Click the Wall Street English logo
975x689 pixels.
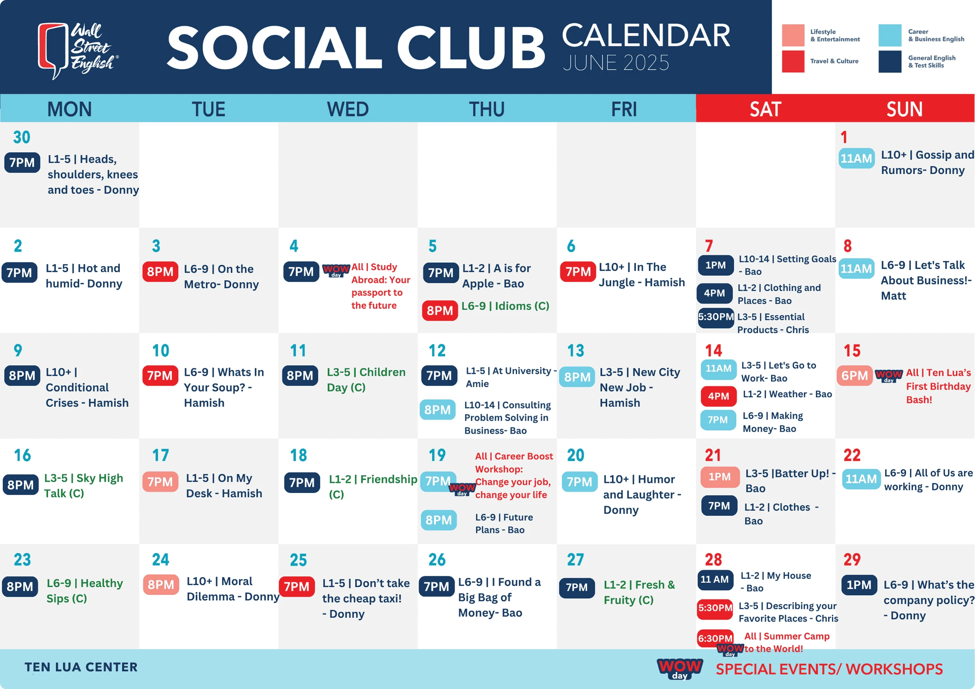tap(78, 50)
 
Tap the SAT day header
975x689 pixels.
tap(765, 109)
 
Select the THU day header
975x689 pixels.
tap(487, 109)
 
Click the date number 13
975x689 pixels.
tap(576, 351)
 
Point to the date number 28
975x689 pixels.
tap(713, 559)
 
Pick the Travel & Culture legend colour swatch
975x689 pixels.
tap(793, 61)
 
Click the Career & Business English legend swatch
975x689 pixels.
tap(890, 35)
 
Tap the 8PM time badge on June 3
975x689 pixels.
tap(160, 272)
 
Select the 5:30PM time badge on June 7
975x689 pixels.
tap(715, 317)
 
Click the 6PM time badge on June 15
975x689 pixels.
tap(854, 376)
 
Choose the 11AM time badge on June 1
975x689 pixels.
tap(856, 158)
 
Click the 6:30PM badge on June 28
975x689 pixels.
tap(715, 638)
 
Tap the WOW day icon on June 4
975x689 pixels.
tap(336, 270)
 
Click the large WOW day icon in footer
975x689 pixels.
tap(680, 669)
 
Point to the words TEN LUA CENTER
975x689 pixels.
tap(81, 667)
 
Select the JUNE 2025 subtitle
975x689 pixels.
tap(616, 63)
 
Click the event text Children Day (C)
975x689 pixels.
tap(366, 379)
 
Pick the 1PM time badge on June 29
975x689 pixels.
tap(859, 585)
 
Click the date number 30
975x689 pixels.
tap(22, 137)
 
